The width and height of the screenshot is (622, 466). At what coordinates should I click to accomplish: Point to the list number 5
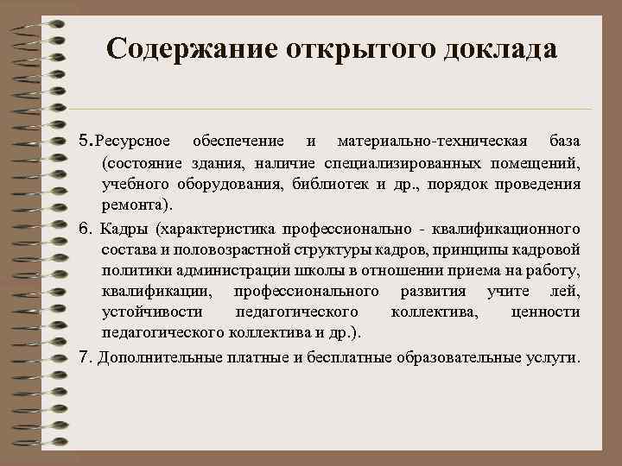coord(84,140)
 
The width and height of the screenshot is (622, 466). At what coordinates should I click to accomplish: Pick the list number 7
coord(84,356)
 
